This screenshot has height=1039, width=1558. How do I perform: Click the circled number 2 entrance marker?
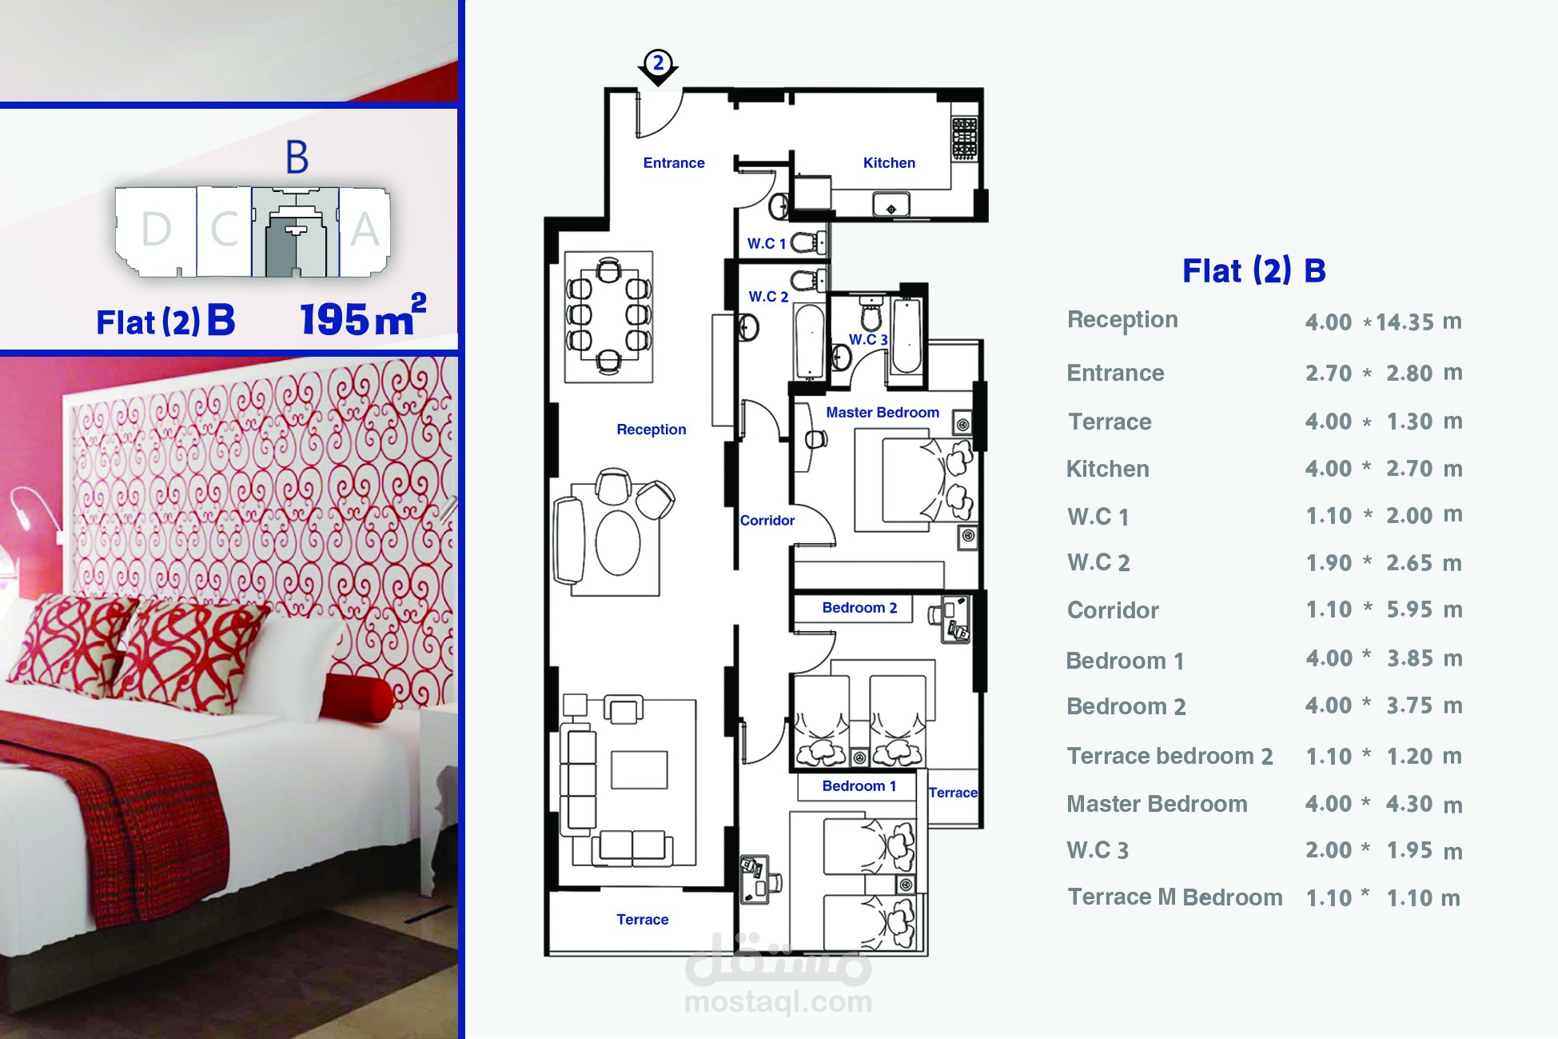[658, 62]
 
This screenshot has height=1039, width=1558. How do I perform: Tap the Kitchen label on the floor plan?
[889, 162]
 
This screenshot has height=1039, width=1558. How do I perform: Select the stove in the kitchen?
[964, 138]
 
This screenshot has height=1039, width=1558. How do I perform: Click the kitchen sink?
[891, 205]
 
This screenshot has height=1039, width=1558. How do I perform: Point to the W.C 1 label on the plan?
[767, 243]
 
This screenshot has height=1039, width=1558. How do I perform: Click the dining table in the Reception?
[609, 316]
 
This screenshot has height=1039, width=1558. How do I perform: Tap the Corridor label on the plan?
[767, 521]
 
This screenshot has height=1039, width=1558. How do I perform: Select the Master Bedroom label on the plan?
[883, 413]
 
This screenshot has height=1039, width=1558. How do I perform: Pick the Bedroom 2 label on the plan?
[859, 608]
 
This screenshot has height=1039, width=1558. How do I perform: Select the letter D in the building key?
[157, 230]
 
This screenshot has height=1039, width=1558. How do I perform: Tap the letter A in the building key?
[365, 230]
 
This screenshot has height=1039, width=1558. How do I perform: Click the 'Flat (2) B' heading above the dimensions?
[1253, 270]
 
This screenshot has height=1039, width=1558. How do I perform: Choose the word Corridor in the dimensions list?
[1113, 610]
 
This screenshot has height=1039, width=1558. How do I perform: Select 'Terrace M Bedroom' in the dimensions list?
[1175, 897]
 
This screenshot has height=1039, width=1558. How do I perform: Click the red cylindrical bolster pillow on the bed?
[359, 693]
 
